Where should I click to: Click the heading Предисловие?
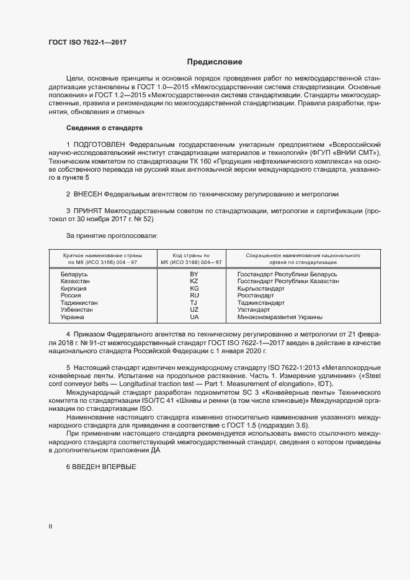[x=215, y=62]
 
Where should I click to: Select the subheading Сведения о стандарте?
[x=104, y=127]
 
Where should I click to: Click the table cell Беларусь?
[x=74, y=274]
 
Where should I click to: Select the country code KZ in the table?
[x=194, y=281]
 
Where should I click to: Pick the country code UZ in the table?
[x=194, y=310]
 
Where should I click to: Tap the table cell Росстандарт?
[x=256, y=296]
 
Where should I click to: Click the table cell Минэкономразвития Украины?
[x=280, y=317]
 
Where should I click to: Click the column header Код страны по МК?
[x=194, y=258]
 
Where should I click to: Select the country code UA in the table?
[x=194, y=317]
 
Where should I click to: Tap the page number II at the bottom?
[x=50, y=526]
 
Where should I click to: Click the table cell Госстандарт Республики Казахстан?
[x=288, y=281]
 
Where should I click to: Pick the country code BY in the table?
[x=194, y=274]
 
